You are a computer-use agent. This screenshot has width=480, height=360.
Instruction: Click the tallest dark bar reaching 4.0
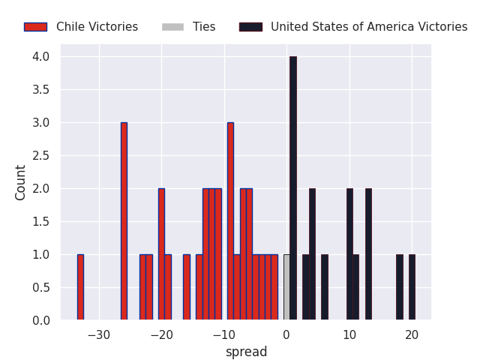pyautogui.click(x=292, y=188)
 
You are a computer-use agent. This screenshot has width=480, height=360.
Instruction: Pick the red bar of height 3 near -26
pyautogui.click(x=124, y=221)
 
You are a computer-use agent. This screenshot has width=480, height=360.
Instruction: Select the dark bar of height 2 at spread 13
pyautogui.click(x=368, y=254)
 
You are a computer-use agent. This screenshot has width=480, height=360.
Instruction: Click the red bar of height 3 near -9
pyautogui.click(x=230, y=221)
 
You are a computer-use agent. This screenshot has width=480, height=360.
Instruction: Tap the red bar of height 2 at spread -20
pyautogui.click(x=161, y=254)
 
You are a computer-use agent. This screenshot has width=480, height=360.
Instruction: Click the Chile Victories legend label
pyautogui.click(x=97, y=27)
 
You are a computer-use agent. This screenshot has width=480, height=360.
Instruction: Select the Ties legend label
pyautogui.click(x=204, y=27)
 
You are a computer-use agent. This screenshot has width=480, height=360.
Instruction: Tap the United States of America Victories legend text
pyautogui.click(x=369, y=27)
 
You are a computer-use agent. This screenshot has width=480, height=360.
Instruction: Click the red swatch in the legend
pyautogui.click(x=35, y=27)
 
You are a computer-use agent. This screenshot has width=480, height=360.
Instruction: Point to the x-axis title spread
pyautogui.click(x=246, y=352)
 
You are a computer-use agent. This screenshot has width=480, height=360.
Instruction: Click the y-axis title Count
pyautogui.click(x=21, y=182)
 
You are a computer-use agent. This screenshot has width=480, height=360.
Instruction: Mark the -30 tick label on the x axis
pyautogui.click(x=99, y=334)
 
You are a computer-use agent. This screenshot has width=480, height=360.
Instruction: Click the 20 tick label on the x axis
pyautogui.click(x=412, y=334)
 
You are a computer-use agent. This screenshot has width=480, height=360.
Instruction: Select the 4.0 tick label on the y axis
pyautogui.click(x=40, y=57)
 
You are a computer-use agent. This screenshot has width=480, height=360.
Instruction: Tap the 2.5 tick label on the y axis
pyautogui.click(x=40, y=156)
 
